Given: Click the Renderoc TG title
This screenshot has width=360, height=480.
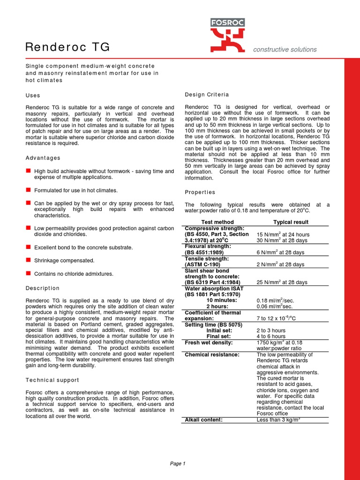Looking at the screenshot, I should [67, 47].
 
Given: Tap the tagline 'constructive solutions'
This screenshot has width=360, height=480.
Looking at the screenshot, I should [285, 50].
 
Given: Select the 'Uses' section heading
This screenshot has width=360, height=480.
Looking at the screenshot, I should [33, 95].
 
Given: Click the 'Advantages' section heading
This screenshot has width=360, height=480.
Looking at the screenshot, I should [43, 158].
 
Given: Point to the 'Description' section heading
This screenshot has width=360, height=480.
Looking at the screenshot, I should [43, 288].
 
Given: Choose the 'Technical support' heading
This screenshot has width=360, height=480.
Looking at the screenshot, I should [52, 380].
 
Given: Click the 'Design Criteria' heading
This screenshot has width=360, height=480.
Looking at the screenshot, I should [207, 95].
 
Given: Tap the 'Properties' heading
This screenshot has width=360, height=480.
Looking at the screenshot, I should [200, 192].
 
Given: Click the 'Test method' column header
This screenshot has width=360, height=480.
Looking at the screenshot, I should [217, 222].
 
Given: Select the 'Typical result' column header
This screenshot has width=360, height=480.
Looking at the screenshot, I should [291, 222].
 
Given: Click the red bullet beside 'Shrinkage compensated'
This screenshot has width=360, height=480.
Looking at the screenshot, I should [28, 260].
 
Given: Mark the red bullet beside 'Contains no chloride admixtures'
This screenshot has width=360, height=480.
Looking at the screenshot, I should [28, 273].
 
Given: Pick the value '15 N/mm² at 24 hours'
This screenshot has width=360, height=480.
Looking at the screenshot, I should [283, 234].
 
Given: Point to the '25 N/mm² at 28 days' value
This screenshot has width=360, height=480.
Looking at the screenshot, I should [282, 283].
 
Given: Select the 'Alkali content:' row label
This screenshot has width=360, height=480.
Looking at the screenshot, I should [203, 420].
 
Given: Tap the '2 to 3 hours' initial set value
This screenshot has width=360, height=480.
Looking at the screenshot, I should [271, 330].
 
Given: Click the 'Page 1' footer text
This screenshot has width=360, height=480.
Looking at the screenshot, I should [178, 464].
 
